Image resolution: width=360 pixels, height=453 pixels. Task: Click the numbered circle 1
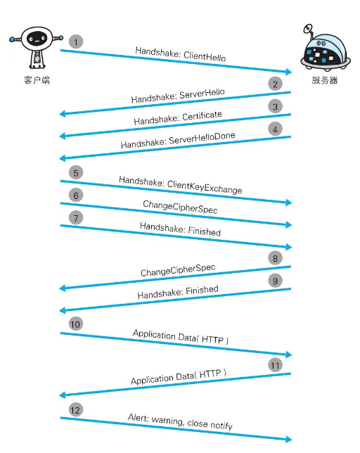(76, 42)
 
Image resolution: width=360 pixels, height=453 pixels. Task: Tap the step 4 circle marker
(275, 129)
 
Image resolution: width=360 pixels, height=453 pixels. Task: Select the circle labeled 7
(76, 217)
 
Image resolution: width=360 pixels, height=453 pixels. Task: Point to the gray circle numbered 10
(76, 324)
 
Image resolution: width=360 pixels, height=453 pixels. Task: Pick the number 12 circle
(76, 410)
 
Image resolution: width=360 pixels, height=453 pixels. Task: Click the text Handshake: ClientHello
(181, 54)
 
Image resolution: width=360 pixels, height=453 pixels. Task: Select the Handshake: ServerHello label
(178, 96)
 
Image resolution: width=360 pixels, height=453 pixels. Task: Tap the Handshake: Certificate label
(178, 117)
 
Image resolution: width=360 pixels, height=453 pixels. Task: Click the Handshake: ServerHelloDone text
(178, 140)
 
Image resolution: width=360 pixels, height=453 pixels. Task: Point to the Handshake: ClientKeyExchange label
(181, 185)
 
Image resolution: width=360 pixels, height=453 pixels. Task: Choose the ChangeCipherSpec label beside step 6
(180, 207)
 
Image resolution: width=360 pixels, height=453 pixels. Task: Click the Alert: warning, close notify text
(180, 422)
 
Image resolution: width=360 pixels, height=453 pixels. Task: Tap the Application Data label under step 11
(179, 377)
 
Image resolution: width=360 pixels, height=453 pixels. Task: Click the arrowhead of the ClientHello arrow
(289, 72)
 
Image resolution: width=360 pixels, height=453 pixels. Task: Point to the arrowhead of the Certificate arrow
(63, 136)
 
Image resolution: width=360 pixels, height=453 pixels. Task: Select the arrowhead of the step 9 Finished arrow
(63, 311)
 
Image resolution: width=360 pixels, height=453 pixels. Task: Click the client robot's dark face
(37, 39)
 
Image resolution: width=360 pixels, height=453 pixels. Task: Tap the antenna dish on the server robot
(308, 28)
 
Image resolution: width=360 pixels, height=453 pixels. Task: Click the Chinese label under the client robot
(37, 80)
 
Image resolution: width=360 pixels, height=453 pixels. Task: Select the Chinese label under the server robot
(324, 80)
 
